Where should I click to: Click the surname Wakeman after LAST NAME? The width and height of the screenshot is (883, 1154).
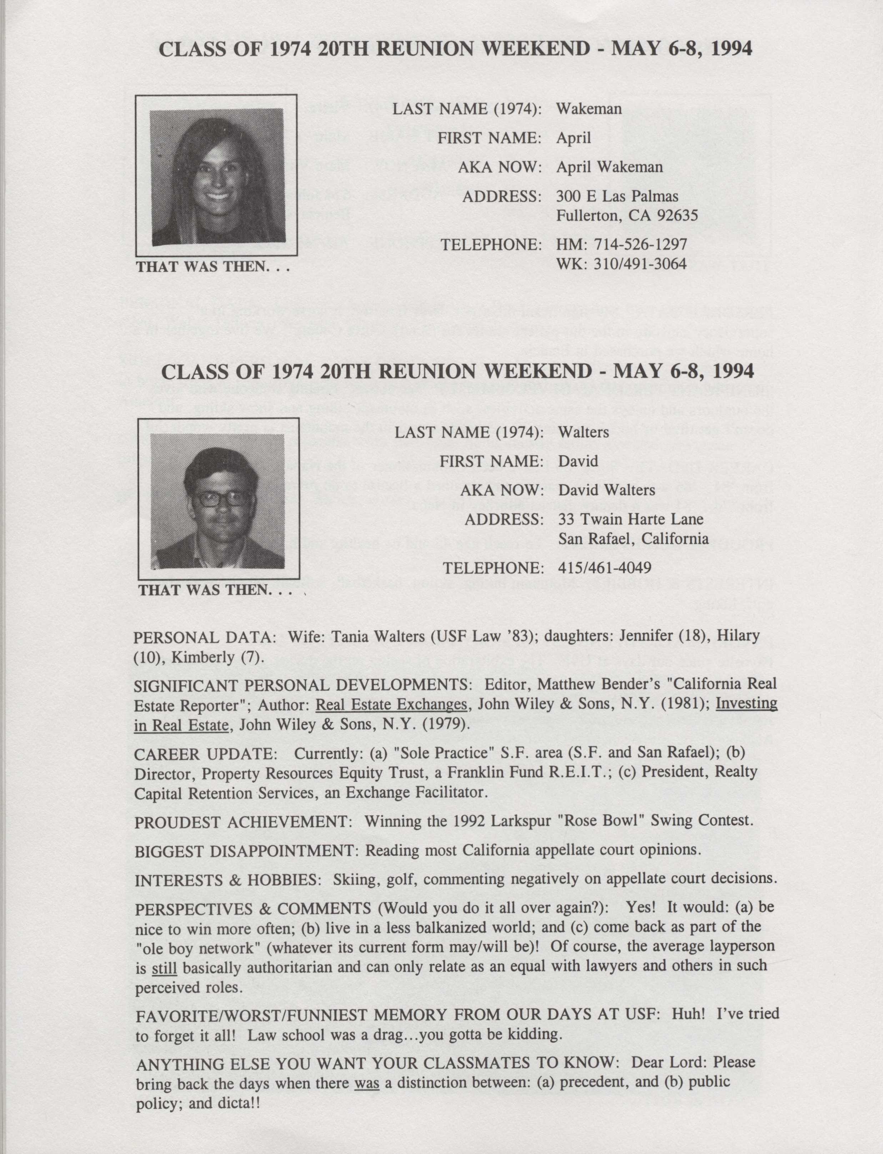click(589, 109)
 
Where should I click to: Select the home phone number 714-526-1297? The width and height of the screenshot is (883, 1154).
click(640, 245)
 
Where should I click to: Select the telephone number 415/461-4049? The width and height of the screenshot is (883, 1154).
click(604, 568)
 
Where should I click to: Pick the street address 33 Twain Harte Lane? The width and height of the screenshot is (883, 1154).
click(631, 519)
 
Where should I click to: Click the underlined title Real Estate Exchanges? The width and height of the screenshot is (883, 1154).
click(391, 704)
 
